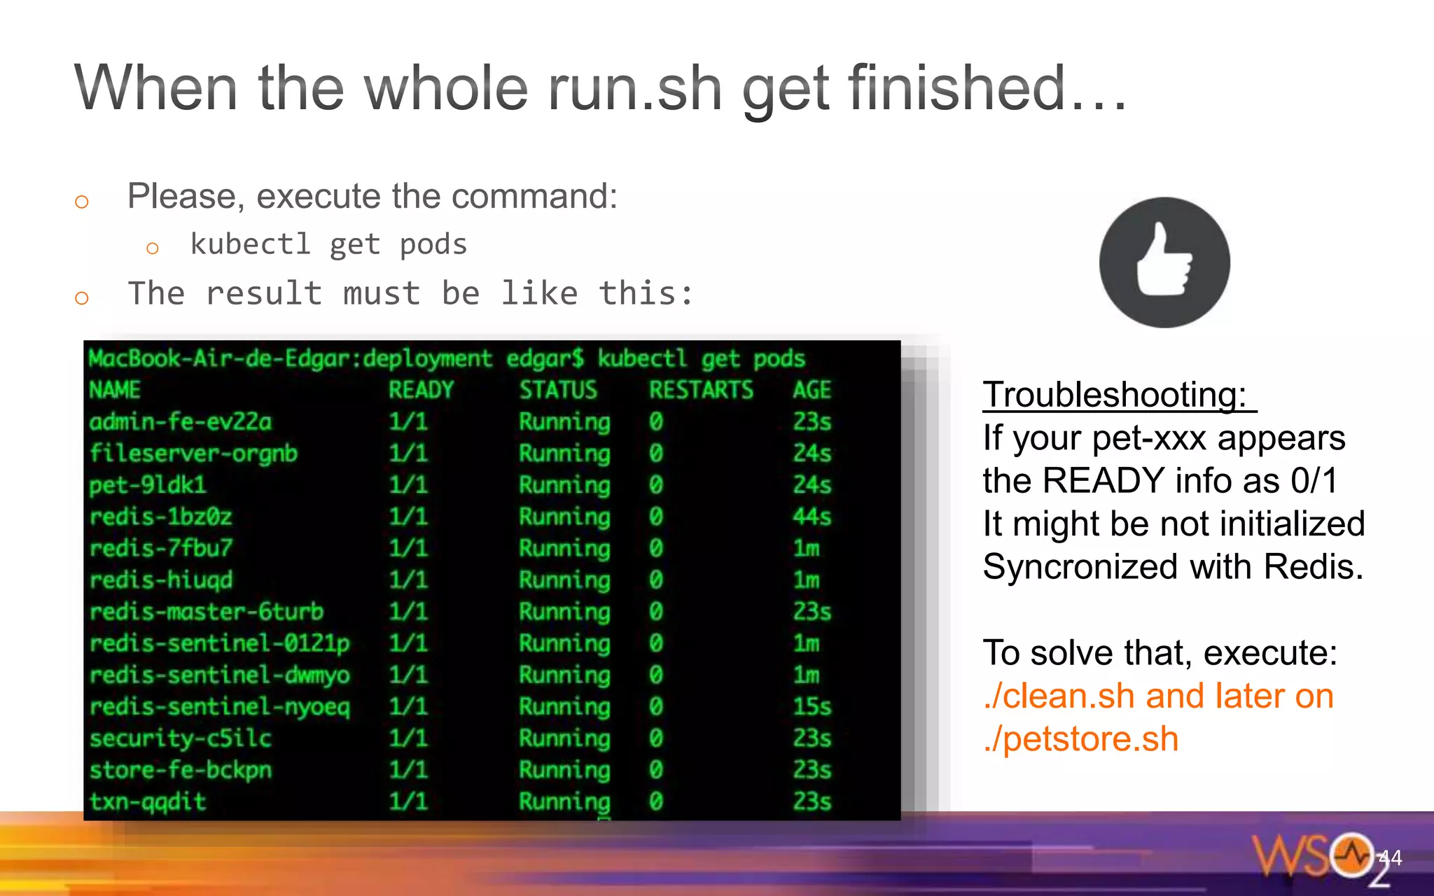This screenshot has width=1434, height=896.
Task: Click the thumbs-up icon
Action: pos(1164,262)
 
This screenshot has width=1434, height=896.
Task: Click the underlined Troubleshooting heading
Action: pos(1115,395)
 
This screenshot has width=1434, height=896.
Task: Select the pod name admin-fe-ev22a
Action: pos(181,422)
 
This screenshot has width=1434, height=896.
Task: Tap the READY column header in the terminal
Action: pos(421,390)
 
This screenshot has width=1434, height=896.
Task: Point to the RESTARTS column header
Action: pos(701,390)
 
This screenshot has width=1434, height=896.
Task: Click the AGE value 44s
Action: pos(812,517)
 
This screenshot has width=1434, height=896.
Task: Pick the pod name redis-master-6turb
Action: pos(207,612)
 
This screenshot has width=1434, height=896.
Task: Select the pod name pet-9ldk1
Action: pos(148,485)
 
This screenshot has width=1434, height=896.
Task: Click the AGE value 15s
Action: pos(812,706)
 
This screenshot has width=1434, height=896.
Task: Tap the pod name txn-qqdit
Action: pos(148,801)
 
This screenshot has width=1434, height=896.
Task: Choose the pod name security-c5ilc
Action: pos(180,738)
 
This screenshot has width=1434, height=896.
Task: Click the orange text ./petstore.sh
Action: pos(1081,739)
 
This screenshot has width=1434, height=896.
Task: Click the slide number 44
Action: pos(1390,857)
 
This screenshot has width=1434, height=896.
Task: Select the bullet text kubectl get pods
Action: pos(328,245)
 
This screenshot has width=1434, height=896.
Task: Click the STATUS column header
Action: pos(558,390)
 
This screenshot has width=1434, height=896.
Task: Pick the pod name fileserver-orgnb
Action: pos(193,454)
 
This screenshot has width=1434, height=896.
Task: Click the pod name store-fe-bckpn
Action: pos(181,770)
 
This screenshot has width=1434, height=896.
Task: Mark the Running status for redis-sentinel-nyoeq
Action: pos(564,706)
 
